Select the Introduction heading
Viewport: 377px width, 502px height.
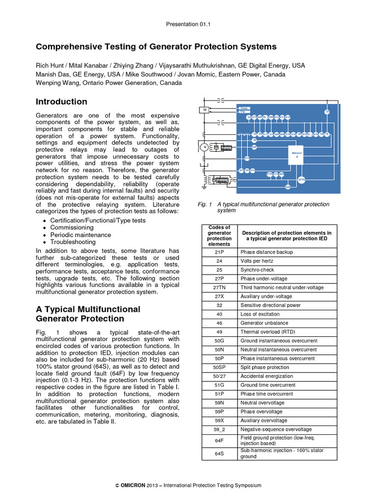click(x=61, y=102)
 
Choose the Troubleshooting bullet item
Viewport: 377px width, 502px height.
click(x=73, y=242)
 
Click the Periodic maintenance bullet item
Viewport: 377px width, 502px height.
click(x=81, y=235)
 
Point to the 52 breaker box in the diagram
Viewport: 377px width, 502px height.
click(x=205, y=110)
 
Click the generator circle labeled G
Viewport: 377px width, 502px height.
click(x=205, y=147)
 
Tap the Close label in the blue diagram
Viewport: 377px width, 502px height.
click(x=244, y=108)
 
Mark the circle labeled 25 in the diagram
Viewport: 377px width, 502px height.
click(x=327, y=112)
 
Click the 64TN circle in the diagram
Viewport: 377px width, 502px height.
click(x=301, y=180)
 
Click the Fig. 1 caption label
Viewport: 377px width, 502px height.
click(x=204, y=204)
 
